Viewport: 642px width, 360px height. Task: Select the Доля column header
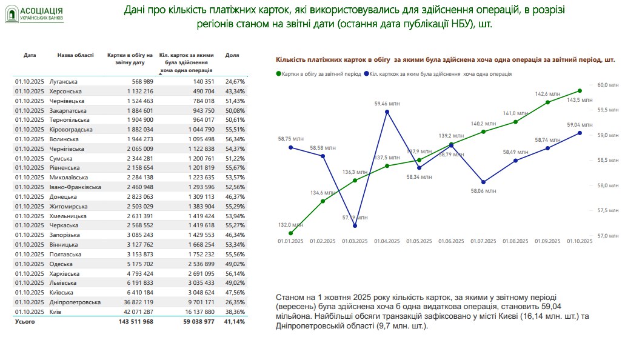(232, 55)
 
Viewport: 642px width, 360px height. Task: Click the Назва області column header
(75, 55)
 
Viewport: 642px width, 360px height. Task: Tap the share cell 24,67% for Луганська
(235, 81)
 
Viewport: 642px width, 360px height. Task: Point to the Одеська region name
(62, 263)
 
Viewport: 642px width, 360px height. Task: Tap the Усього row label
(25, 322)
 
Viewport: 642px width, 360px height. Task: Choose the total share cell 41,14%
(235, 322)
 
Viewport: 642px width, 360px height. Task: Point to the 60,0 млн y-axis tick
(607, 85)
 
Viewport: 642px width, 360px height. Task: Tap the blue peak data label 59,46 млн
(386, 104)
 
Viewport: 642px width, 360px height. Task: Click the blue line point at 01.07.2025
(483, 182)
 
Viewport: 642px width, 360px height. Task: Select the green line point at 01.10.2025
(580, 91)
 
